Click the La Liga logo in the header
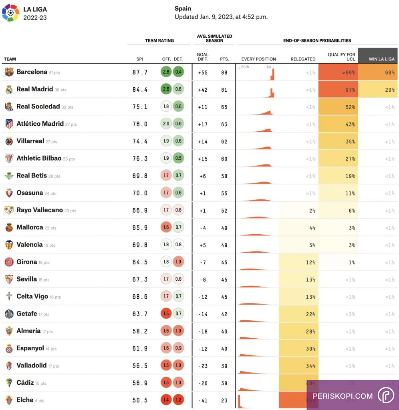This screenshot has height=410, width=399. [x=11, y=12]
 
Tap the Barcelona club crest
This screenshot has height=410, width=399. [x=9, y=72]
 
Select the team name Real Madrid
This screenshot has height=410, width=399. [x=34, y=89]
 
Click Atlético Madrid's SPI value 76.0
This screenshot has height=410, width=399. [x=140, y=124]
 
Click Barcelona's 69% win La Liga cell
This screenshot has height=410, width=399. [x=378, y=72]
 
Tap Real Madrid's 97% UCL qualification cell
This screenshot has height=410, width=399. [x=338, y=90]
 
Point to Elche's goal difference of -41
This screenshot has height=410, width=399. [x=202, y=400]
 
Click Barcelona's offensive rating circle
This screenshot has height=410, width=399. [x=166, y=72]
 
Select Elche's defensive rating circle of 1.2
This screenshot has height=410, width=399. [x=178, y=400]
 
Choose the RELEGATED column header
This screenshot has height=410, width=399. [x=303, y=59]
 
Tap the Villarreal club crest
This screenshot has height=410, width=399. [x=9, y=141]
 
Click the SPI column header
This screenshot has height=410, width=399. [x=139, y=59]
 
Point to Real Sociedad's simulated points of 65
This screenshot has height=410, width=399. [x=224, y=107]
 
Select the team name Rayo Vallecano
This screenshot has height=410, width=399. [x=39, y=210]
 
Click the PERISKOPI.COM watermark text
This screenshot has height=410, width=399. [x=343, y=396]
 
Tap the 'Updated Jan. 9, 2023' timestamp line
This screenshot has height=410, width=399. [x=221, y=17]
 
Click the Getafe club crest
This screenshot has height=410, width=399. [x=9, y=314]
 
